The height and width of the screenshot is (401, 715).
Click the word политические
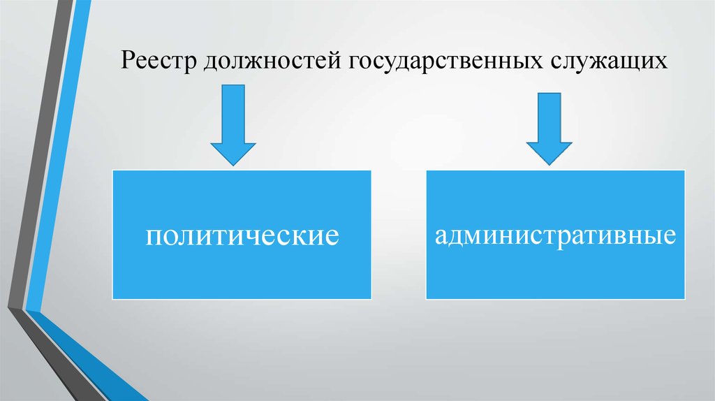(x=242, y=234)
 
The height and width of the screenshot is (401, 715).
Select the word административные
(x=555, y=234)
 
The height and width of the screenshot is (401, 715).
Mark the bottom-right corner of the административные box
(x=685, y=298)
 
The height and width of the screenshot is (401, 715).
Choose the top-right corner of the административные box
(x=685, y=169)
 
